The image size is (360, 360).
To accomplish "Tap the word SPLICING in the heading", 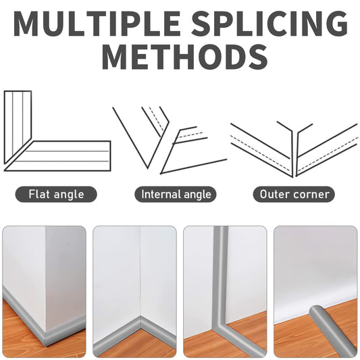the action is tap(269, 24).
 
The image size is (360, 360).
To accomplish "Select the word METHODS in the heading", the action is tap(185, 57).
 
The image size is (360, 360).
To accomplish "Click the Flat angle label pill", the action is tap(56, 195).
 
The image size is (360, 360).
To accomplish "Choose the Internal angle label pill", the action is tap(176, 195).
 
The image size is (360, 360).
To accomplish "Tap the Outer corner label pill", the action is tap(294, 195).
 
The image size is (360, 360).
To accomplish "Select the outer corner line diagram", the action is tap(294, 149).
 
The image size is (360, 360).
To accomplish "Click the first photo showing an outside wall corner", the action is tap(44, 292).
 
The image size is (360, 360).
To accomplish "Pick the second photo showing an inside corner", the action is tap(134, 292).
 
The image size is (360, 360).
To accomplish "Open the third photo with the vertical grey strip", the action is tap(225, 292).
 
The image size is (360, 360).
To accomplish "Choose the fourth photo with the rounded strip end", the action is tap(315, 292).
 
